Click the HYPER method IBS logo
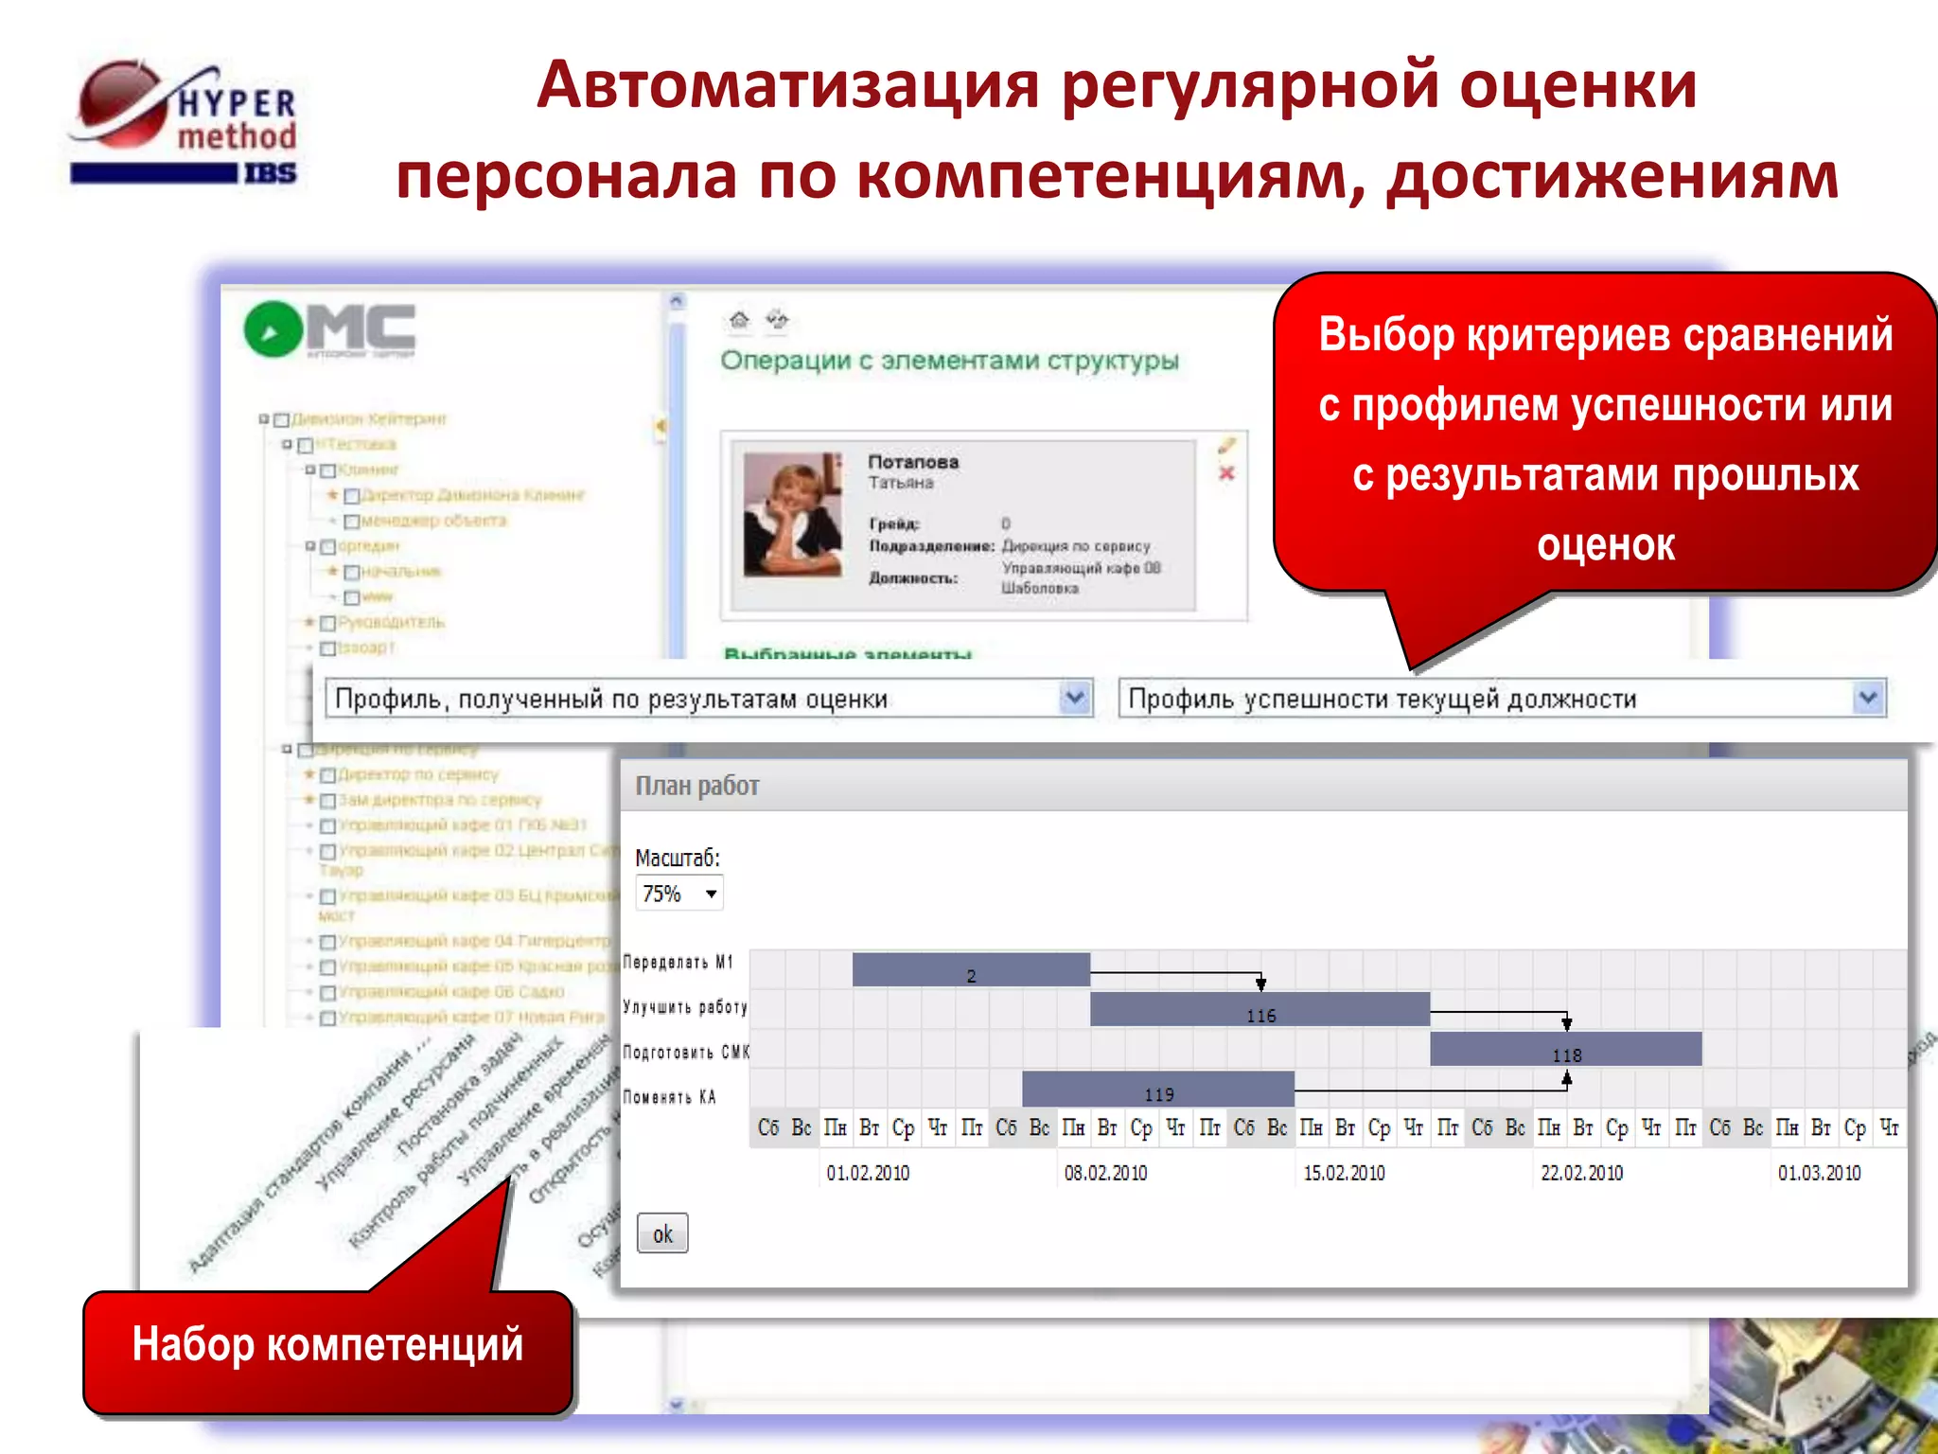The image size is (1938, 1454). pyautogui.click(x=185, y=123)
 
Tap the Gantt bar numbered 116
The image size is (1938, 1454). pyautogui.click(x=1260, y=1010)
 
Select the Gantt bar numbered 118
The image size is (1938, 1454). pyautogui.click(x=1565, y=1050)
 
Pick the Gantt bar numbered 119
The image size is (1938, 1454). pyautogui.click(x=1157, y=1090)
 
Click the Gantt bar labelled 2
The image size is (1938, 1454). pyautogui.click(x=971, y=970)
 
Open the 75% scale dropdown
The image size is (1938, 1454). pyautogui.click(x=679, y=894)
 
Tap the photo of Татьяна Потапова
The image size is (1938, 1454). pyautogui.click(x=793, y=515)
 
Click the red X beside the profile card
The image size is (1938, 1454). pyautogui.click(x=1226, y=473)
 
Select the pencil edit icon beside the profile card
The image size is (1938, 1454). pyautogui.click(x=1226, y=445)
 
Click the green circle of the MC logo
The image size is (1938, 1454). pyautogui.click(x=273, y=330)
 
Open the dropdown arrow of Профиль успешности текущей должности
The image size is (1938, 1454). pyautogui.click(x=1867, y=699)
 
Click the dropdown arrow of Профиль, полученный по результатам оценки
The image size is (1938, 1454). pyautogui.click(x=1074, y=699)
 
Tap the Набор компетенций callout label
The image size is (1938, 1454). pyautogui.click(x=327, y=1345)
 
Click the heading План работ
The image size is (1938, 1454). pyautogui.click(x=697, y=786)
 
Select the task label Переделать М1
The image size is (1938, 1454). pyautogui.click(x=678, y=963)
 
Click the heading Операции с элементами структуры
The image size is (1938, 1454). pyautogui.click(x=949, y=361)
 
